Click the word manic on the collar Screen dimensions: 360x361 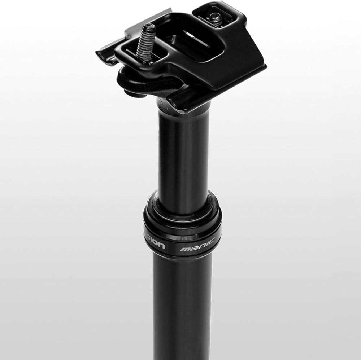point(197,248)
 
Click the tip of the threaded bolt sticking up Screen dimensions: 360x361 point(151,26)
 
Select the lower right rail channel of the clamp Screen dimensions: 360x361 point(188,99)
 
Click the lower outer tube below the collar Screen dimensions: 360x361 point(182,307)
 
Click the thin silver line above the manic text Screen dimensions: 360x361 point(195,236)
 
